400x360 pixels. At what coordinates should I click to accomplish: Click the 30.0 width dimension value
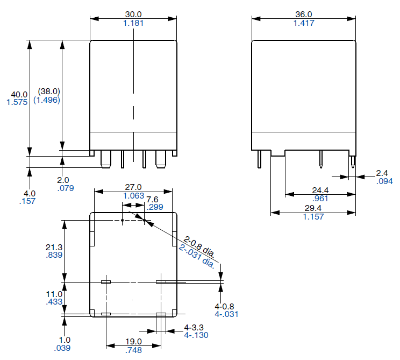click(x=133, y=14)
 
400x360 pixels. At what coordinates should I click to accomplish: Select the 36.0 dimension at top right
click(x=304, y=14)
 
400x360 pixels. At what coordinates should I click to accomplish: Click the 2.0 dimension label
click(x=63, y=180)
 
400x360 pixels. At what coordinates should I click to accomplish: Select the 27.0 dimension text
click(x=133, y=187)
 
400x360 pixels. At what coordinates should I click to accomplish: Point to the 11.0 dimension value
click(x=54, y=294)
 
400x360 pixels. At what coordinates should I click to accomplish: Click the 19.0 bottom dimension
click(x=133, y=341)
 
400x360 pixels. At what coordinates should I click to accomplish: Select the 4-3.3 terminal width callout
click(x=196, y=327)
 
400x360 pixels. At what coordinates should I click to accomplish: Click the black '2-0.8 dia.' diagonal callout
click(x=199, y=246)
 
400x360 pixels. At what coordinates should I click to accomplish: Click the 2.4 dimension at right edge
click(x=382, y=173)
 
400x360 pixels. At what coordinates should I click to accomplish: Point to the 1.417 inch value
click(x=304, y=23)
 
